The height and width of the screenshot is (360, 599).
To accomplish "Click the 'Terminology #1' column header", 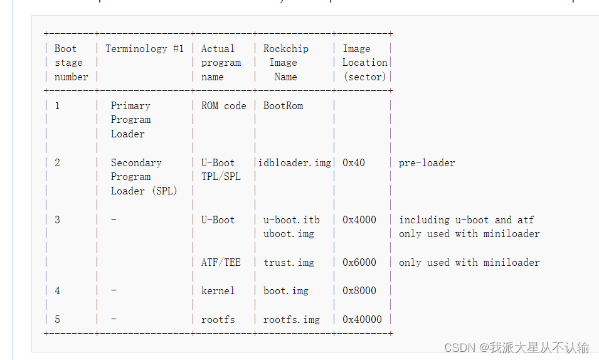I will pos(145,48).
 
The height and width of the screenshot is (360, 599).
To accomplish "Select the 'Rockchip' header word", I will pos(285,48).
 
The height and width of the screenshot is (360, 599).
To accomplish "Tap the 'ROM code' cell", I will pos(224,105).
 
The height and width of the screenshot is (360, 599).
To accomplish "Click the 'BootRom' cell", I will pos(283,105).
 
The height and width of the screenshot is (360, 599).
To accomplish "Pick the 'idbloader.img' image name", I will pos(295,162).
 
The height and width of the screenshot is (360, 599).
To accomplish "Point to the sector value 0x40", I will pos(354,162).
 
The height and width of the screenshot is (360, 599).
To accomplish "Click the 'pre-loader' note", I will pos(427,162).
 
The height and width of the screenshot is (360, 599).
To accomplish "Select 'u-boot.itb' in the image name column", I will pos(291,220).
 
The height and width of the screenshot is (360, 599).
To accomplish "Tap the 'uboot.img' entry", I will pos(289,233).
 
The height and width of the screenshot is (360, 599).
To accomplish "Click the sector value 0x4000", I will pos(359,220).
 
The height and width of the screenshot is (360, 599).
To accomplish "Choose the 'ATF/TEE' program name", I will pos(221,262).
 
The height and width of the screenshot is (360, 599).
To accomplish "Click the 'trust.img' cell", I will pos(289,262).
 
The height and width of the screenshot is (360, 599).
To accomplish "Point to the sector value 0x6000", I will pos(359,262).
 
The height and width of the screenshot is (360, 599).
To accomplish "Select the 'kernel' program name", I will pos(218,290).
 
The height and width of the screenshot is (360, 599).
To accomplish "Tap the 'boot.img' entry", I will pos(285,290).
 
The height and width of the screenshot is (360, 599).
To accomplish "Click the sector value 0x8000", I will pos(359,290).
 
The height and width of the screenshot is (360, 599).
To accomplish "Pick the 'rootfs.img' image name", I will pos(291,319).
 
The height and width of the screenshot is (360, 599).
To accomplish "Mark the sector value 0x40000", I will pos(362,319).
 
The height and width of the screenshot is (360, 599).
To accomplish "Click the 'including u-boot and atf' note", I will pos(467,220).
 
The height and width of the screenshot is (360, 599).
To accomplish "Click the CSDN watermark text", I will pos(516,347).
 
